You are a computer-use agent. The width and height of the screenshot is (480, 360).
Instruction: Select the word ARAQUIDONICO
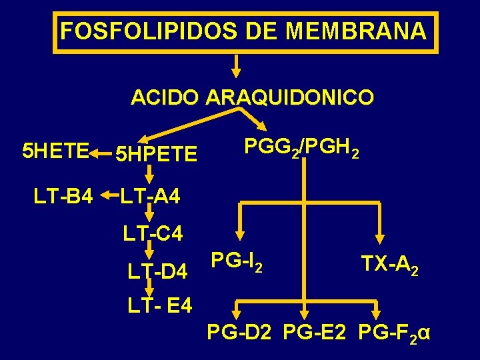click(290, 98)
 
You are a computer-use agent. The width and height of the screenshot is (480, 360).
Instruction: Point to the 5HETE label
click(55, 152)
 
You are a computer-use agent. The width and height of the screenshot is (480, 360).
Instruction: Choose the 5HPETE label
click(156, 155)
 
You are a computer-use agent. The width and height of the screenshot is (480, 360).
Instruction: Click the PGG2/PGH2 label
click(303, 147)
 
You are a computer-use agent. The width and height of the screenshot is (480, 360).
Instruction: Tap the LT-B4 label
click(63, 196)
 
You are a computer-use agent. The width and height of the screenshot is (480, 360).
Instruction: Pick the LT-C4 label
click(153, 234)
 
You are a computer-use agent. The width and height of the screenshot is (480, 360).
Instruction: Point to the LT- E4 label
click(160, 306)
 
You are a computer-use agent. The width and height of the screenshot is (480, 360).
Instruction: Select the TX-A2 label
click(390, 265)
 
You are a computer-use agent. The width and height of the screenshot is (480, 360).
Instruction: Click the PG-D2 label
click(239, 331)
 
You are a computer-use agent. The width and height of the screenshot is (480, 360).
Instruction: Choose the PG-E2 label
click(315, 331)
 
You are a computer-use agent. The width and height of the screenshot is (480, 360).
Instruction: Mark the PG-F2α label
click(394, 332)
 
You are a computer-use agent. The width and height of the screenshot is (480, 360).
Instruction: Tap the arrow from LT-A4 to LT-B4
click(109, 196)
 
